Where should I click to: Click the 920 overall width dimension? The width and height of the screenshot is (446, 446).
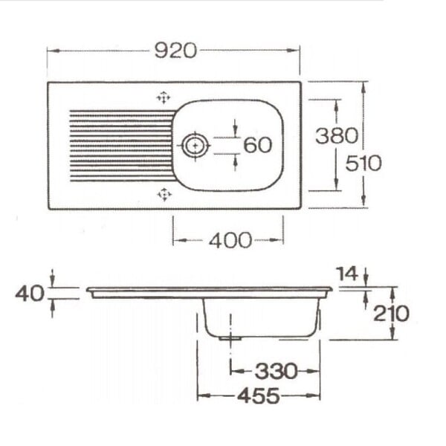(175, 51)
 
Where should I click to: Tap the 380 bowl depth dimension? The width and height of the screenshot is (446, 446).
(337, 135)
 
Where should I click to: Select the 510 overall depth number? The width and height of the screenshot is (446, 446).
(363, 164)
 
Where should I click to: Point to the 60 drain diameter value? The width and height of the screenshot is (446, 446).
(258, 145)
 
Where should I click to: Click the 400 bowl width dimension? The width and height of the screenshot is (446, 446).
(230, 240)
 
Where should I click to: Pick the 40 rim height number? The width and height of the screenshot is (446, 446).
(30, 294)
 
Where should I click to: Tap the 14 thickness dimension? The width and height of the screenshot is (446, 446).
(347, 274)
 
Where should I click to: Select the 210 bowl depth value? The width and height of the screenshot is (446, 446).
(391, 314)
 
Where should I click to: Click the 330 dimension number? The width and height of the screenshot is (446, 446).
(276, 371)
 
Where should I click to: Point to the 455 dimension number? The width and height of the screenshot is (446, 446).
(258, 395)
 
